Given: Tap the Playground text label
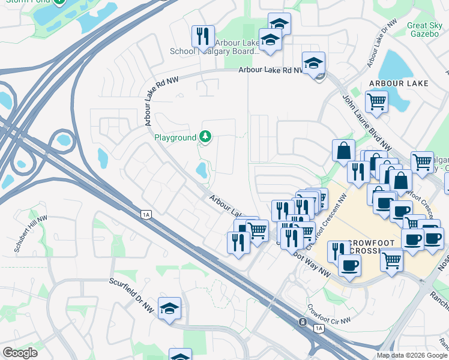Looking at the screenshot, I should pyautogui.click(x=175, y=137).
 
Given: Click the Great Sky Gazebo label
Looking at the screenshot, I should pyautogui.click(x=425, y=30).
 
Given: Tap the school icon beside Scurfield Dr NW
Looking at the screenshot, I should pyautogui.click(x=170, y=308).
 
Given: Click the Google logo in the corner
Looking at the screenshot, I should pyautogui.click(x=20, y=353).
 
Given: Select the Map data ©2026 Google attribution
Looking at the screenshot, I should pyautogui.click(x=411, y=355).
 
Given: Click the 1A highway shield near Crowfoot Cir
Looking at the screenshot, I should pyautogui.click(x=318, y=328).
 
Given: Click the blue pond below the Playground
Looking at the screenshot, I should pyautogui.click(x=201, y=172).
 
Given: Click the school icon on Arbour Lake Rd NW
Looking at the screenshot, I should pyautogui.click(x=313, y=62).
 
